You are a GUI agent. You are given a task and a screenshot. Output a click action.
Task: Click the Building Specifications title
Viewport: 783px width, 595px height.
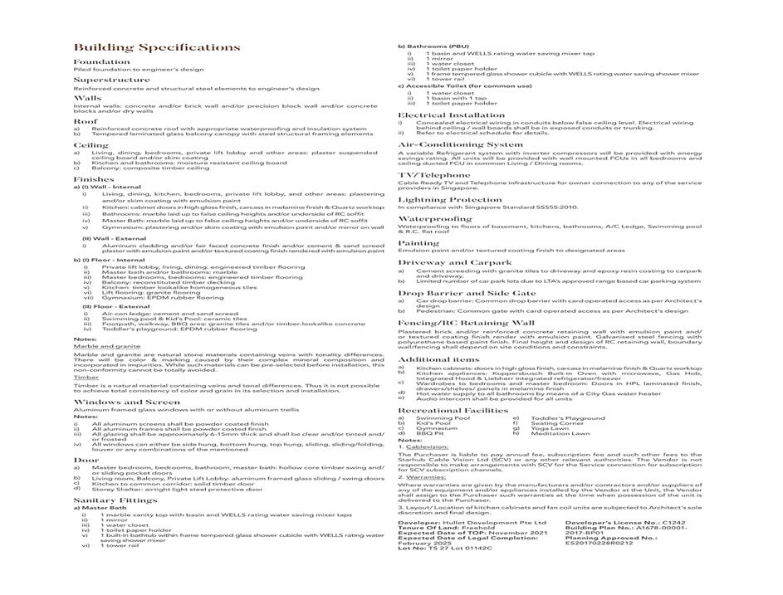[x=157, y=47]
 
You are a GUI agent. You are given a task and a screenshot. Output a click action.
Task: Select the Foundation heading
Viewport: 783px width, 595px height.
[x=101, y=62]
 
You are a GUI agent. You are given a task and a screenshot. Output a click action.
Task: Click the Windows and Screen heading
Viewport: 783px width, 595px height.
[x=126, y=402]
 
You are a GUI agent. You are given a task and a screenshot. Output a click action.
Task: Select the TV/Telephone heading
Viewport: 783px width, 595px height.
[x=433, y=175]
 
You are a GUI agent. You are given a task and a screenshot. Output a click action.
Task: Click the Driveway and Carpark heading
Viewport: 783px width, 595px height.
[x=455, y=261]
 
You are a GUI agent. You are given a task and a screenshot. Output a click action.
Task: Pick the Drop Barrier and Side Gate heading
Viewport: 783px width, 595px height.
[x=467, y=293]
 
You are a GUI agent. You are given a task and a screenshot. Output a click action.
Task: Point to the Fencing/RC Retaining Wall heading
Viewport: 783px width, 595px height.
[x=466, y=322]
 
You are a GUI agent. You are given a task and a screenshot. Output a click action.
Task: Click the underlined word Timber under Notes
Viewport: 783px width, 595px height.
[x=86, y=377]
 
